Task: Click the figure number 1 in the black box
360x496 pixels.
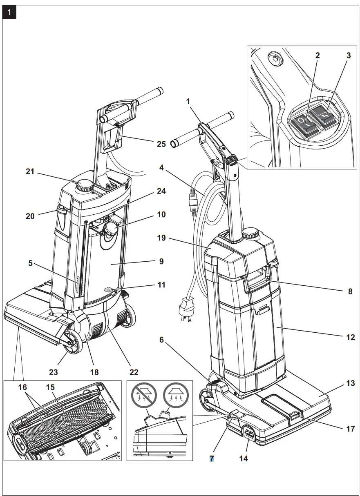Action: (9, 13)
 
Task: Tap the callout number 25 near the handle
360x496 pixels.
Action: (161, 144)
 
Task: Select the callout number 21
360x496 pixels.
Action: (30, 172)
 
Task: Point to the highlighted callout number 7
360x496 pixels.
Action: (212, 458)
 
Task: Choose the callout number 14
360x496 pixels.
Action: (244, 458)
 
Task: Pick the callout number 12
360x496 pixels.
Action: (350, 338)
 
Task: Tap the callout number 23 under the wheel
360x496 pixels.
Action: (54, 372)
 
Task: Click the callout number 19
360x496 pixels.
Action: (161, 238)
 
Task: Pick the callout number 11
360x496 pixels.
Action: (161, 285)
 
